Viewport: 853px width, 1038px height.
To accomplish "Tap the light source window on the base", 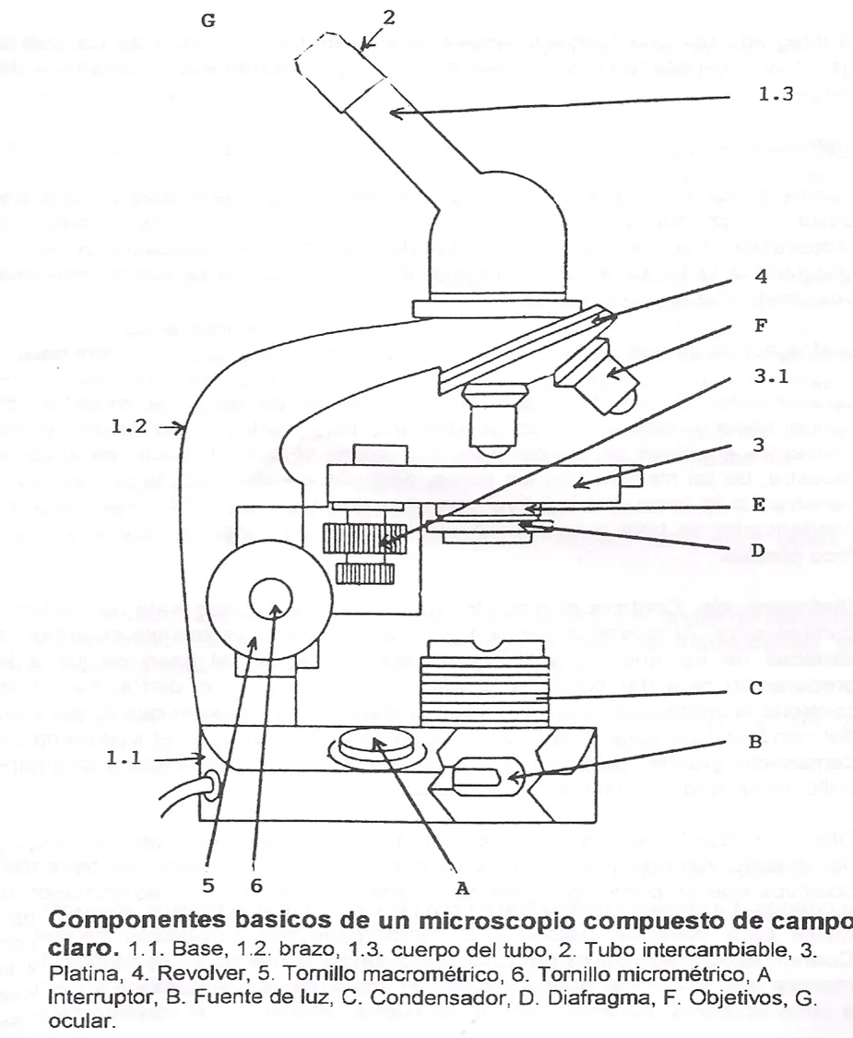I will coord(481,776).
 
